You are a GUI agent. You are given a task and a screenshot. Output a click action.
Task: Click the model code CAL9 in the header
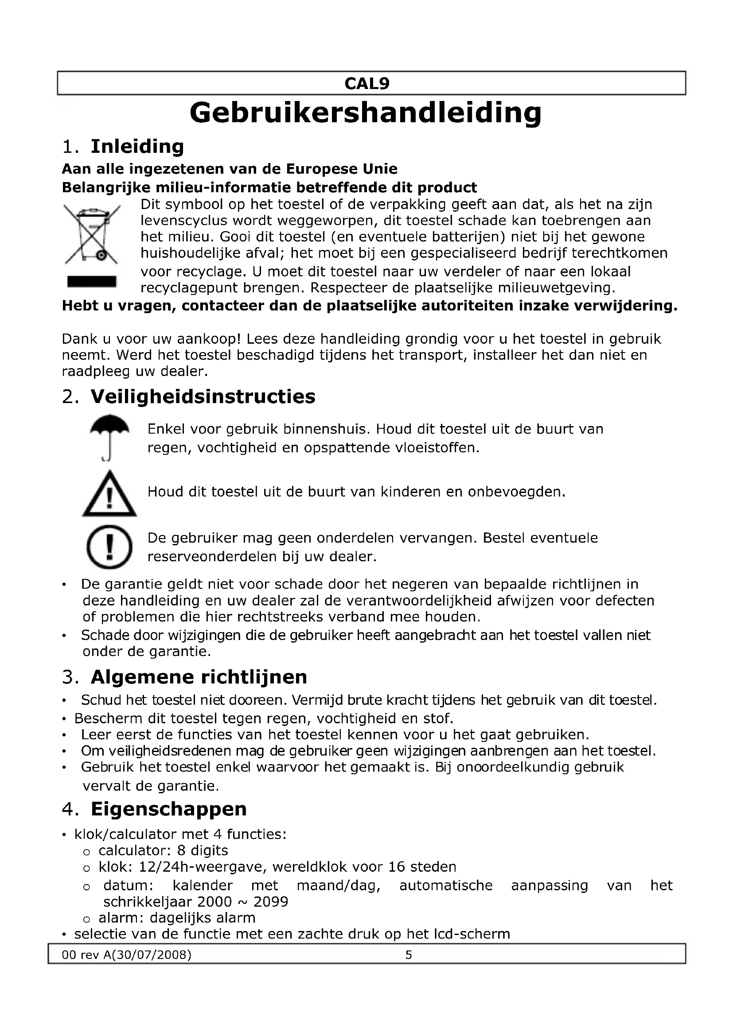366,84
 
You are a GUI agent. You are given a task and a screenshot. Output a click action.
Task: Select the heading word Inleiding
137,147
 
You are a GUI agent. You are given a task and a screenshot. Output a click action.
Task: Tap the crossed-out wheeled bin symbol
92,235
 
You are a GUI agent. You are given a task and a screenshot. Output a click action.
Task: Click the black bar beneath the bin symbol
92,282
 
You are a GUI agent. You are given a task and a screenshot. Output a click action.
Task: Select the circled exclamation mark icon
109,548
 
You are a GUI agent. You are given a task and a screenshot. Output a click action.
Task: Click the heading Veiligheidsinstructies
203,397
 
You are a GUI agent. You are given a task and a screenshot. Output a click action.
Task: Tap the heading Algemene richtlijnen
199,677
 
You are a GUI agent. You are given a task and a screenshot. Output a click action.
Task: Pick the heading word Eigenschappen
168,809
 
